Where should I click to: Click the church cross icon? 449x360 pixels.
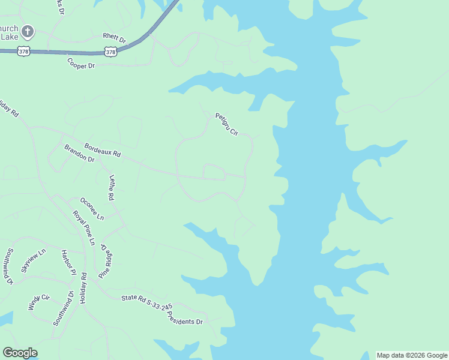(x=28, y=31)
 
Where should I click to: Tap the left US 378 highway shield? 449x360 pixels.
(x=23, y=52)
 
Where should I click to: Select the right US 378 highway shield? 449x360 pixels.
(x=110, y=52)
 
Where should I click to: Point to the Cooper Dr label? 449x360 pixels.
(x=81, y=63)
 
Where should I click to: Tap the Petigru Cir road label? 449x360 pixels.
(x=227, y=124)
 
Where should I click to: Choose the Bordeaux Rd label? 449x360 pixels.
(x=103, y=150)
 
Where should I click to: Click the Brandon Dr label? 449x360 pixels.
(x=79, y=153)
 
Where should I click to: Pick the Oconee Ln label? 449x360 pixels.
(x=92, y=208)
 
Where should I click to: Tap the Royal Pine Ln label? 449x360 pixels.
(x=84, y=228)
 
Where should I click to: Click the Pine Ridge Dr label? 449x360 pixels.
(x=106, y=261)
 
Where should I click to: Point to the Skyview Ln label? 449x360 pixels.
(x=33, y=260)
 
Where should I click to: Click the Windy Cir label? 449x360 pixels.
(x=38, y=302)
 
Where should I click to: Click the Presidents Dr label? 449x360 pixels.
(x=185, y=318)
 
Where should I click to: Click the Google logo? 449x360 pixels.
(x=20, y=353)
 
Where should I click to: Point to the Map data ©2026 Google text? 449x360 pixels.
(x=412, y=355)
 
